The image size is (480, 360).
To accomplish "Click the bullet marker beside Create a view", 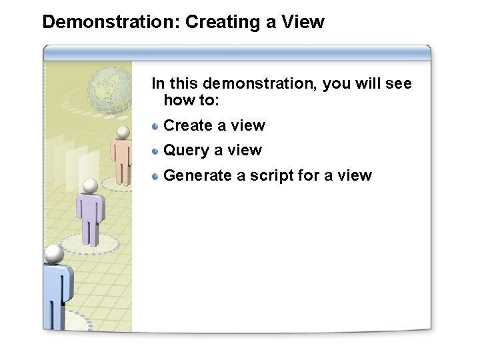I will click(x=155, y=125).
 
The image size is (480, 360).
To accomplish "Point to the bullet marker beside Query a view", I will click(x=155, y=151).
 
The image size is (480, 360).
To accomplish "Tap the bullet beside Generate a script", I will click(x=155, y=176).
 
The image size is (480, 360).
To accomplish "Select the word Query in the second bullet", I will click(x=186, y=151).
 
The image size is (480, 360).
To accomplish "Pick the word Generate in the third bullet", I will click(x=197, y=175).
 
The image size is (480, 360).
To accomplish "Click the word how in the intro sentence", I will click(x=178, y=100).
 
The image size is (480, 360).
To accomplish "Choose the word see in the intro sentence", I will click(x=399, y=84).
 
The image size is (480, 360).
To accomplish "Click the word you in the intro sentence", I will click(x=337, y=84).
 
